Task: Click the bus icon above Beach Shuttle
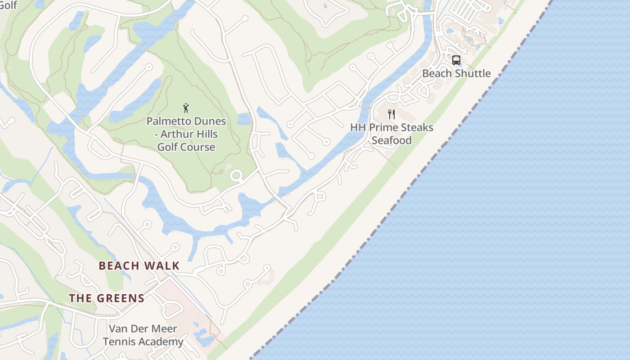[456, 60]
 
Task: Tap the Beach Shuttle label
[456, 73]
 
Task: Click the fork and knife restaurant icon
[391, 114]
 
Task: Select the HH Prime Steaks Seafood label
[391, 134]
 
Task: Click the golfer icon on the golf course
[186, 108]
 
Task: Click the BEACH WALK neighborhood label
[139, 266]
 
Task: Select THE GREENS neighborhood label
[107, 298]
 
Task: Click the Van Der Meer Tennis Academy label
[143, 335]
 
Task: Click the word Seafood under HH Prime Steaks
[391, 140]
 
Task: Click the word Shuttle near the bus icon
[473, 73]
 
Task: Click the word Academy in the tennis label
[162, 342]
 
